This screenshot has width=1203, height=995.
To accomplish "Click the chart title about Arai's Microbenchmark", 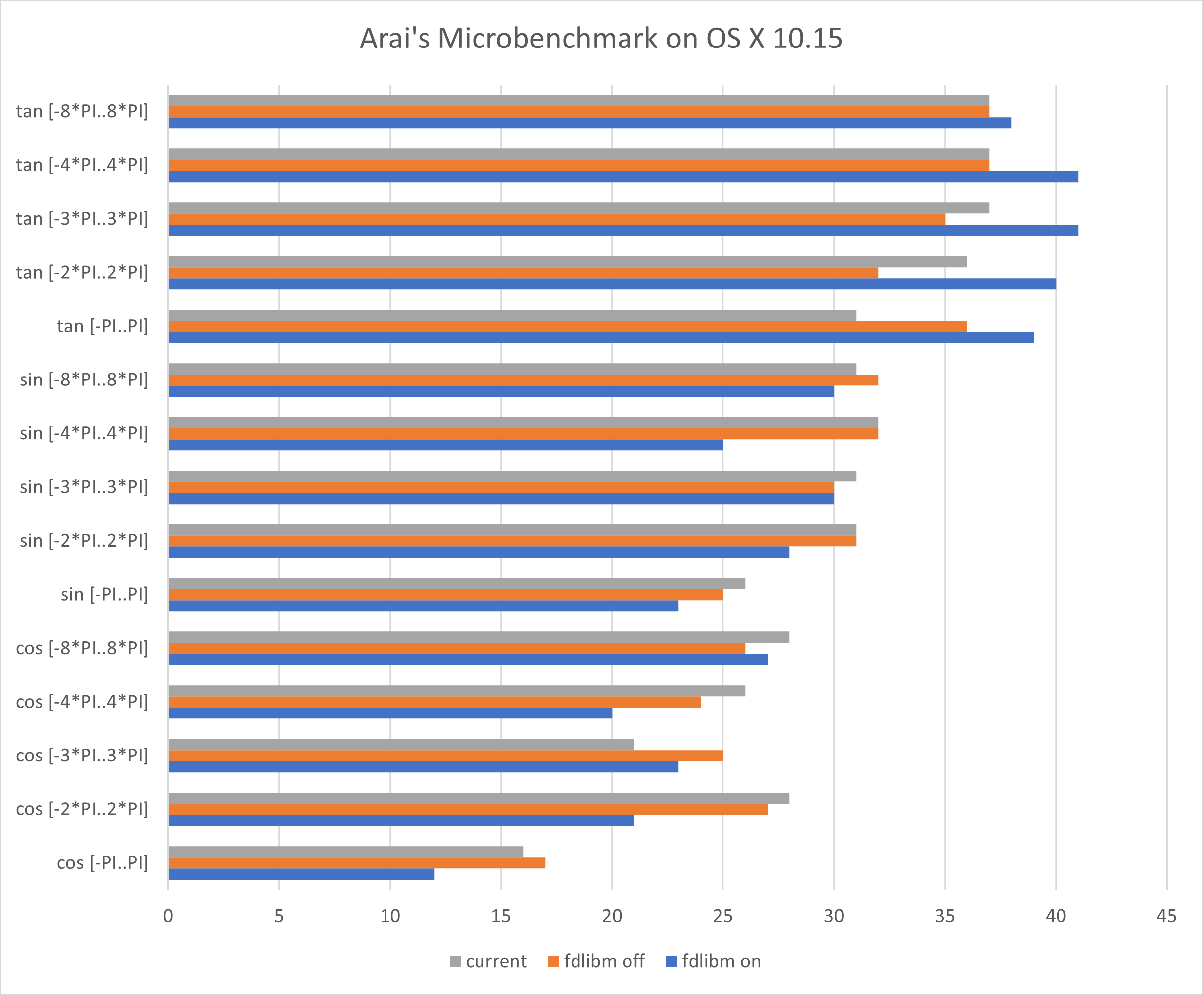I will (x=601, y=39).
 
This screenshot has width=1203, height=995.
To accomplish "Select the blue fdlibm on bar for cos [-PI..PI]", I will (x=301, y=874).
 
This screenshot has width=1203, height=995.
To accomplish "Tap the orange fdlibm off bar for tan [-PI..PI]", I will (x=567, y=327).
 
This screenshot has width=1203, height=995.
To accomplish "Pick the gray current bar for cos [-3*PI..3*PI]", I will (x=401, y=744).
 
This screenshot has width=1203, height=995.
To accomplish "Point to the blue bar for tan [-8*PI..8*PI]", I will (x=589, y=123).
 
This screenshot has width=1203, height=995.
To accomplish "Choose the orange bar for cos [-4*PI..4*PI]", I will (x=434, y=702).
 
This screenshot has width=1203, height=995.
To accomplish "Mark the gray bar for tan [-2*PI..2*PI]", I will (x=567, y=262).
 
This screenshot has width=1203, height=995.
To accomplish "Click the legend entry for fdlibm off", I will (x=596, y=961).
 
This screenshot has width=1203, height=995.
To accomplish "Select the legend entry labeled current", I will (x=488, y=961).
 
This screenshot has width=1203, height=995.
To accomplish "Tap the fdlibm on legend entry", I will (x=714, y=961).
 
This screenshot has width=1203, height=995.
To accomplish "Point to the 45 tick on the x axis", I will (x=1166, y=916).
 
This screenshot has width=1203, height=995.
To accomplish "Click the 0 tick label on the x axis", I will (x=168, y=916).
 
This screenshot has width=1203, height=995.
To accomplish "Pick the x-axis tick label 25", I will (x=723, y=916).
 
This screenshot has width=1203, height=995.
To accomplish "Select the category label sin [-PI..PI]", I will (x=104, y=595).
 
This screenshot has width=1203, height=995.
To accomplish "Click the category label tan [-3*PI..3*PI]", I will (x=82, y=219).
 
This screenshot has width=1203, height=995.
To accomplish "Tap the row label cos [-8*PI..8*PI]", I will (x=82, y=648).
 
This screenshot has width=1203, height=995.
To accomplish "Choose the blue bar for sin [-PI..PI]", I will (x=423, y=606).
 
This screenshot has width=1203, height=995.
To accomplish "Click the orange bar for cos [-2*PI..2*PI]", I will (x=468, y=809).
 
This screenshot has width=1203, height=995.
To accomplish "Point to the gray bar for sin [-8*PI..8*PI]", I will (x=512, y=369).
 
